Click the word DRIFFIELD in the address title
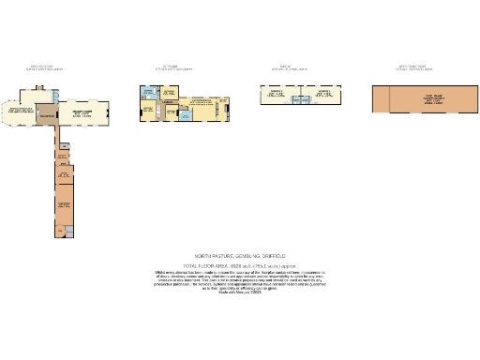270,255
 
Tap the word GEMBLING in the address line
242,255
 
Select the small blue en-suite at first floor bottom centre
186,115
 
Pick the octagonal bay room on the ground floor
22,115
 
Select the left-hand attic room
276,95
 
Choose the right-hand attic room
325,95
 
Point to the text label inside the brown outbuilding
431,99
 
